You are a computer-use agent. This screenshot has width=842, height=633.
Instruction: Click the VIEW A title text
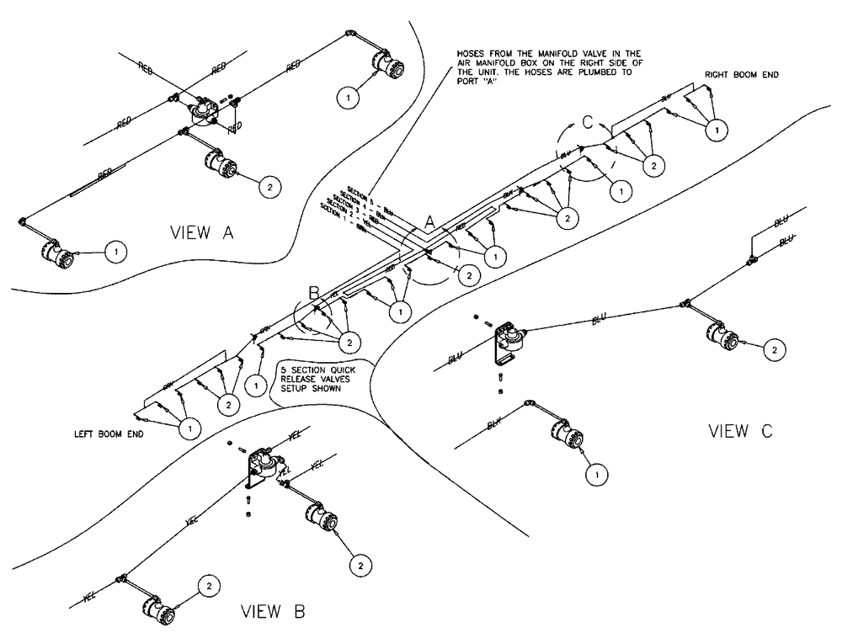coord(201,233)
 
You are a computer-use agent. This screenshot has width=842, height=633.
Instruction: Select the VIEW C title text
coord(740,432)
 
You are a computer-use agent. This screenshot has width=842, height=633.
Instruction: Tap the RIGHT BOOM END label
coord(742,75)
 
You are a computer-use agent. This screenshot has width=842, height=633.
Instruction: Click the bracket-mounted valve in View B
coord(266,466)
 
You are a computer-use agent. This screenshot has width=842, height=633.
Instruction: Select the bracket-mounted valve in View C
coord(509,338)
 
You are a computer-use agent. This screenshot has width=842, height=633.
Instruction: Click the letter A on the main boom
coord(429,221)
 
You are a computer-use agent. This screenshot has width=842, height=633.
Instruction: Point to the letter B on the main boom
coord(313,294)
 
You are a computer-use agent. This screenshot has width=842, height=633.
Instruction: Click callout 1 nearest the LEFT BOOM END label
coord(189,428)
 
